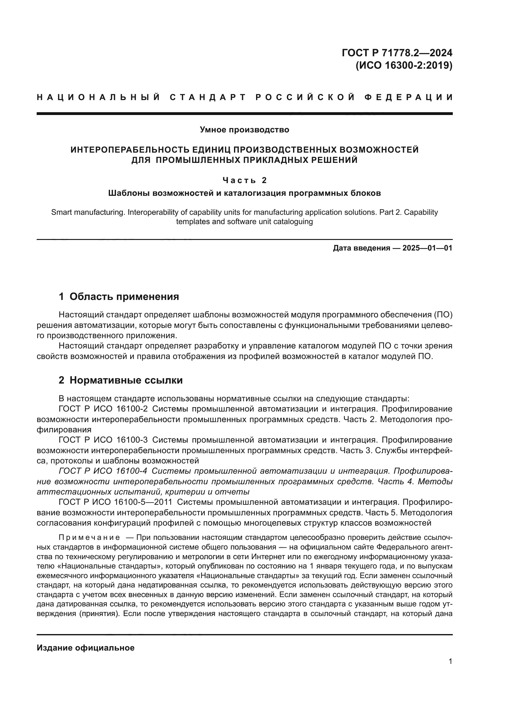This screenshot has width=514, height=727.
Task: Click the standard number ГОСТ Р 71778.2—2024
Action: click(397, 53)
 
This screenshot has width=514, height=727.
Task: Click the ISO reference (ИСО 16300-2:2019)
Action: click(404, 66)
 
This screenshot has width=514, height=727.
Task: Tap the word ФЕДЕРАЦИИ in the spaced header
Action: click(408, 97)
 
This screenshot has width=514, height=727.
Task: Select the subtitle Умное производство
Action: click(244, 130)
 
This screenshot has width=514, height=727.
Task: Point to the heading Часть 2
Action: click(244, 180)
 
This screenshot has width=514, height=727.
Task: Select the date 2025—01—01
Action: click(427, 248)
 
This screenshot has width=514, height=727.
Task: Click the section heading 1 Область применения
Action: click(119, 297)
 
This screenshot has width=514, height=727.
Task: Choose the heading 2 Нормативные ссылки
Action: click(121, 380)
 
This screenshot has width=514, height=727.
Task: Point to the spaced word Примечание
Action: click(89, 538)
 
